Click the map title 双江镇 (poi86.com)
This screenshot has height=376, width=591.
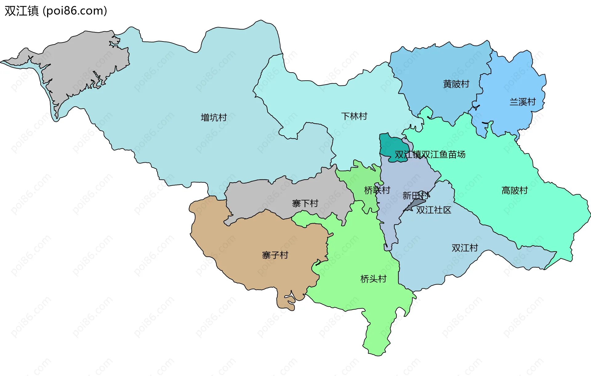tap(56, 11)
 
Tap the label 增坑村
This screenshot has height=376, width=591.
tap(214, 117)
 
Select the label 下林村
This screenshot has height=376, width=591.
tap(354, 116)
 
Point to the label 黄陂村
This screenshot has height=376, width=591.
tap(456, 84)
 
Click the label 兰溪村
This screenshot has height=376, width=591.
tap(523, 101)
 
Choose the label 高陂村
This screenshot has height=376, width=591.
tap(515, 190)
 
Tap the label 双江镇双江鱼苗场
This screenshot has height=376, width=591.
tap(430, 154)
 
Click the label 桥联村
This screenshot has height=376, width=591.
tap(377, 190)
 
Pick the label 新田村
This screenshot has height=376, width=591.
tap(416, 195)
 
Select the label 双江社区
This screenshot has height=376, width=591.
tap(434, 210)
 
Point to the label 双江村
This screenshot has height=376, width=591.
tap(465, 247)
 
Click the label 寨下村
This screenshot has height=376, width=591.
tap(305, 203)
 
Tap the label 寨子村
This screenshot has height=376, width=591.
tap(275, 255)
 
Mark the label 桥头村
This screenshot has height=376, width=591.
tap(373, 279)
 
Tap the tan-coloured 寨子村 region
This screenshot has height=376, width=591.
tap(246, 246)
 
